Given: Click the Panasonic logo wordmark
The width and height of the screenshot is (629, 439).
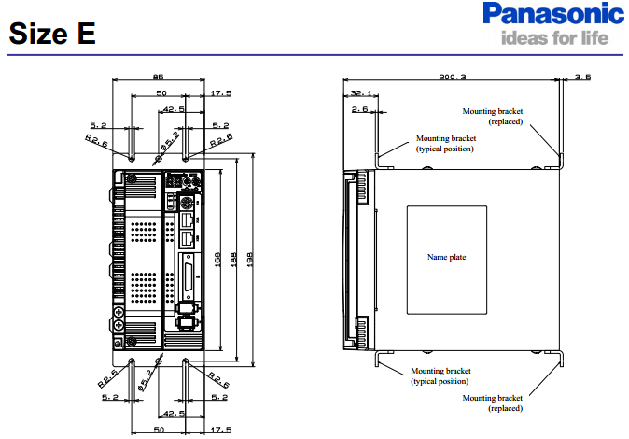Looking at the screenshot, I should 553,16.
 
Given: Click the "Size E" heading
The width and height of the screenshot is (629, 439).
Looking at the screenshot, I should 52,35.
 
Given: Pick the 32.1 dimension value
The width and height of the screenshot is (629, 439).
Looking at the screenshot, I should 360,93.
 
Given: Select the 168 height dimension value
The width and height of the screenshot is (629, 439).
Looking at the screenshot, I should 218,259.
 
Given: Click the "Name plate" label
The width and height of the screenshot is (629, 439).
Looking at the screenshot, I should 446,257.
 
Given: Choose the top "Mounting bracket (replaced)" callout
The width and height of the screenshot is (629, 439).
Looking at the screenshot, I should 493,116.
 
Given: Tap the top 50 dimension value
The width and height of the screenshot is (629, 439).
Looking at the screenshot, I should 161,93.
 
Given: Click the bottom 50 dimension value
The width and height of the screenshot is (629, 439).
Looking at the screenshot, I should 161,429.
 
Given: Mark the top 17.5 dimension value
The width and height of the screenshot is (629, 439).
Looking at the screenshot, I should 220,93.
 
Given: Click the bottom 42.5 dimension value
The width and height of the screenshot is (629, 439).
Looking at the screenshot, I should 173,412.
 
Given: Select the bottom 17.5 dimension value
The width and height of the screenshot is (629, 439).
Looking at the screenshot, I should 220,429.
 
